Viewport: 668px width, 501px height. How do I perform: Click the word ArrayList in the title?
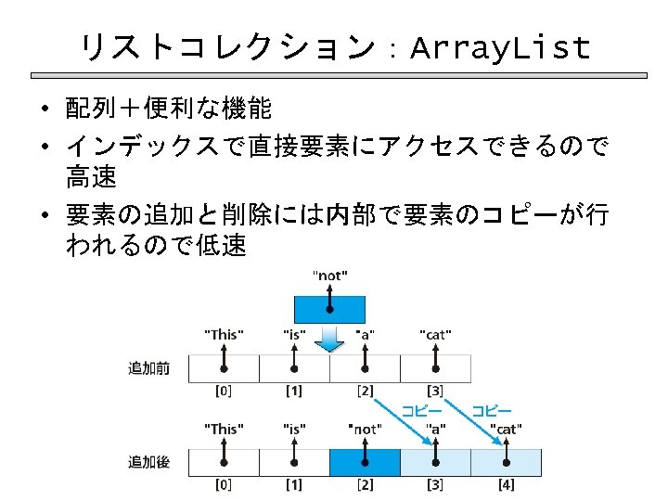pos(499,46)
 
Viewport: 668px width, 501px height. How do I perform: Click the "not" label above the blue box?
pos(330,276)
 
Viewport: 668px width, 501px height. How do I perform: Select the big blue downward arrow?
pos(329,339)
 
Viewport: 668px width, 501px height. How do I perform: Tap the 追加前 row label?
pos(148,368)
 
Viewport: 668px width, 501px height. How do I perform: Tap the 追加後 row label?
pos(148,461)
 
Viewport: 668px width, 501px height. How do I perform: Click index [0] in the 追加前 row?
pos(224,391)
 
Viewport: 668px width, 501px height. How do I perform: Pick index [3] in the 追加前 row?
pos(435,391)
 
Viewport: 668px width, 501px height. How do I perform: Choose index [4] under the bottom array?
pos(506,484)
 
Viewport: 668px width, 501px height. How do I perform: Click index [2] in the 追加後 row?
pos(365,484)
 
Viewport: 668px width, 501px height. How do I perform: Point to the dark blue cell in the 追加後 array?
pos(365,462)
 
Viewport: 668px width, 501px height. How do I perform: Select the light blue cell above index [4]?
pos(506,462)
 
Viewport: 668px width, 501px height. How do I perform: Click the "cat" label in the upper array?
pos(435,334)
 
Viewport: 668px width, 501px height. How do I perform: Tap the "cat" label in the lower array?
pos(506,429)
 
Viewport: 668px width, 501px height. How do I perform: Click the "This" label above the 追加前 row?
pos(224,334)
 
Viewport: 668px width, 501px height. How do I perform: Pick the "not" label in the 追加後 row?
pos(365,429)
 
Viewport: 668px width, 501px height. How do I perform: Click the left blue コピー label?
pos(421,409)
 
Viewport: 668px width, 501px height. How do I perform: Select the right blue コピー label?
pos(492,409)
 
